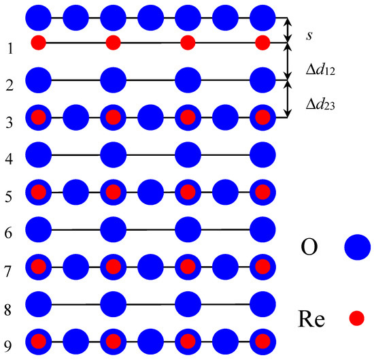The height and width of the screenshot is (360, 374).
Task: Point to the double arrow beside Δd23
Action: pyautogui.click(x=288, y=99)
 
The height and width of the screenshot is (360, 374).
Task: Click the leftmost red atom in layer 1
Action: pyautogui.click(x=39, y=44)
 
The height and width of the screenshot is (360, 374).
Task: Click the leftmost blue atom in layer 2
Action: pyautogui.click(x=39, y=80)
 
